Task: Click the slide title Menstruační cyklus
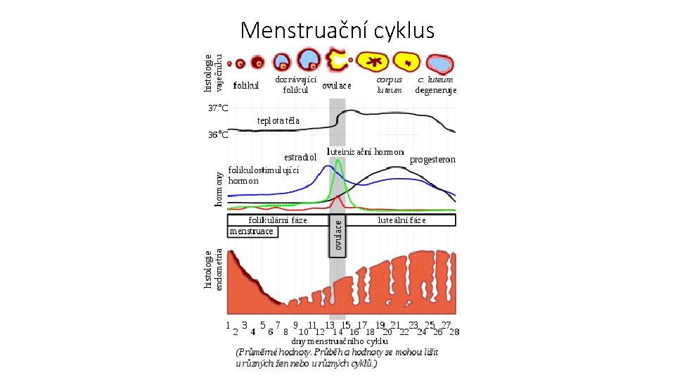point(337,30)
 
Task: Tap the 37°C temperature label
point(218,108)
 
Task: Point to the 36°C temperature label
point(218,134)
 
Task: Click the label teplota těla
point(278,120)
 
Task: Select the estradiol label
point(300,157)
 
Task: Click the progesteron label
point(432,160)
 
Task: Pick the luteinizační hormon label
point(366,151)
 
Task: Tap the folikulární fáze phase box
point(278,220)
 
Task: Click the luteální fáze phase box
point(401,220)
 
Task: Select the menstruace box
point(252,231)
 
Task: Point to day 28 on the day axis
point(454,331)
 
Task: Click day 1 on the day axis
point(229,326)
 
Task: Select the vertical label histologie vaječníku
point(213,73)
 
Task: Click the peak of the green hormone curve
point(338,161)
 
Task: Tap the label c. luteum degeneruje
point(435,84)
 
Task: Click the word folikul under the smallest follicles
point(246,86)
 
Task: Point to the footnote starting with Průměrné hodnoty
point(337,357)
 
